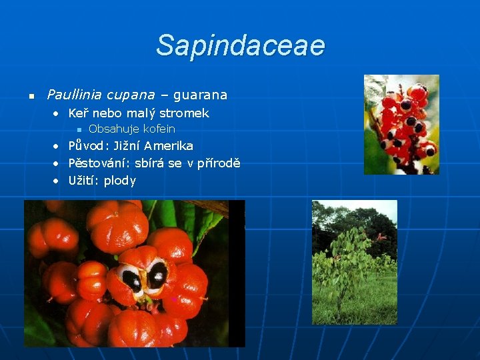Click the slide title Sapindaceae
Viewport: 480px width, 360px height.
pyautogui.click(x=240, y=46)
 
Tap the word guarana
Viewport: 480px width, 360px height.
pyautogui.click(x=200, y=95)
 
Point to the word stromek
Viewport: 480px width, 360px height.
pyautogui.click(x=184, y=113)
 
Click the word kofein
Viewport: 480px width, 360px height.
pyautogui.click(x=159, y=129)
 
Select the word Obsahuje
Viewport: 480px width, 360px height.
pyautogui.click(x=113, y=129)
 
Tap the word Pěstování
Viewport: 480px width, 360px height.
pyautogui.click(x=99, y=163)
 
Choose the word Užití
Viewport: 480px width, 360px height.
pyautogui.click(x=83, y=181)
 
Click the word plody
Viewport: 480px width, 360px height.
pyautogui.click(x=120, y=181)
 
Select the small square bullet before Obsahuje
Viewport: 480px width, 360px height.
pyautogui.click(x=78, y=129)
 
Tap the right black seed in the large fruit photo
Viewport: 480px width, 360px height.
pyautogui.click(x=158, y=275)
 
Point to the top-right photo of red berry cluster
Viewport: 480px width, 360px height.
pyautogui.click(x=401, y=124)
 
